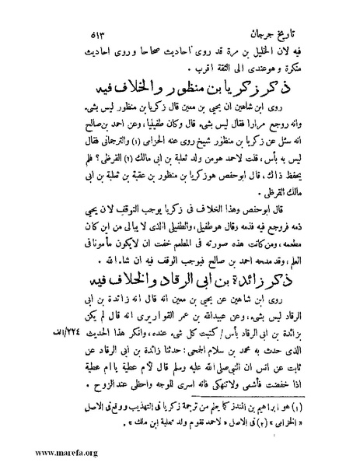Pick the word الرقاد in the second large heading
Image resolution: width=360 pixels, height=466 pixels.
(146, 272)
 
